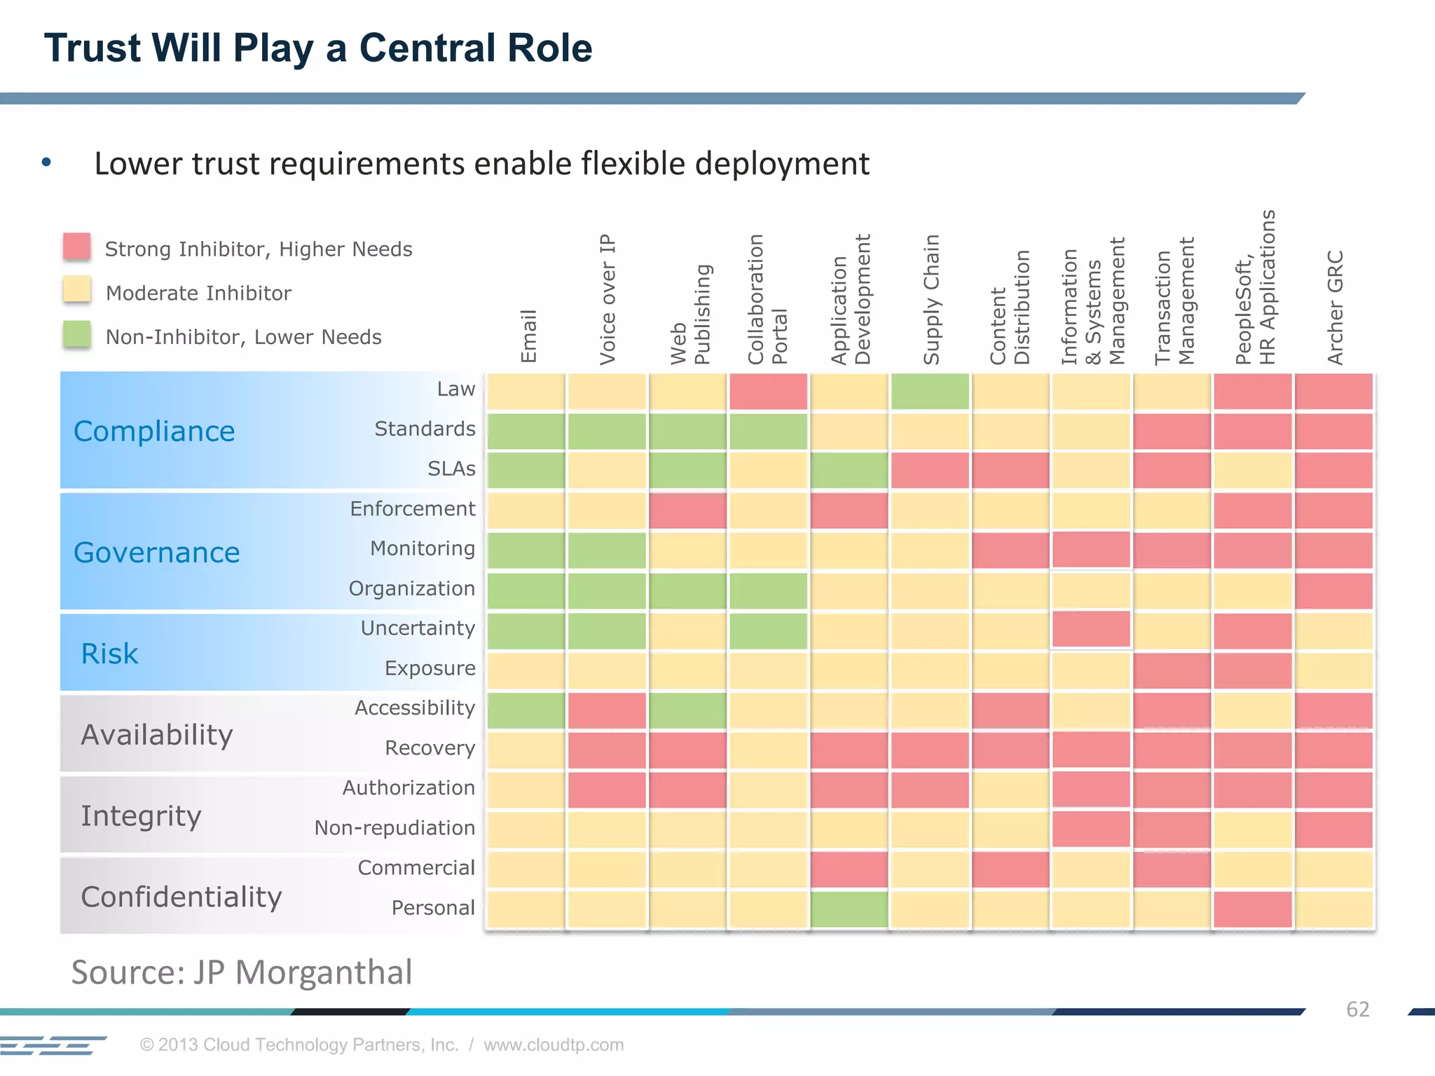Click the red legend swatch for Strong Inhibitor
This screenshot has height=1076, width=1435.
(x=76, y=247)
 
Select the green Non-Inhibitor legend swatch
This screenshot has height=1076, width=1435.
(x=76, y=334)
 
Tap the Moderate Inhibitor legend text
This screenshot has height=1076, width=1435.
(x=198, y=293)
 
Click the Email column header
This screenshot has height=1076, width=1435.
(x=528, y=336)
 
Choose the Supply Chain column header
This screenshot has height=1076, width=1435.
(x=931, y=299)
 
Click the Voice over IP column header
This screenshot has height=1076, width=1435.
(x=607, y=299)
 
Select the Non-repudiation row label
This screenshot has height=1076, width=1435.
(x=394, y=827)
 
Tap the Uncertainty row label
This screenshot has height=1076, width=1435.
(x=418, y=628)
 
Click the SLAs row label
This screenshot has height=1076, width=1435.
(x=451, y=469)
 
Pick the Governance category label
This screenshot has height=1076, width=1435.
(x=156, y=553)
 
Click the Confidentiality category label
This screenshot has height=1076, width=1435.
(x=181, y=897)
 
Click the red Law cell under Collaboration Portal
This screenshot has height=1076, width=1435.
(x=769, y=391)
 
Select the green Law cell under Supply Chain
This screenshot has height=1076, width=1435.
(x=931, y=391)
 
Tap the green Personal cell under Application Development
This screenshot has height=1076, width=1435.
(x=849, y=909)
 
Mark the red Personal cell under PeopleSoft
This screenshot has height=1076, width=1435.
(x=1253, y=909)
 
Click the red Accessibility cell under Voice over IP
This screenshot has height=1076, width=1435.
(x=607, y=710)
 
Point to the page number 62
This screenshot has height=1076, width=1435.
(x=1357, y=1009)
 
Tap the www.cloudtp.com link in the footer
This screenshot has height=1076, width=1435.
(x=554, y=1044)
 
